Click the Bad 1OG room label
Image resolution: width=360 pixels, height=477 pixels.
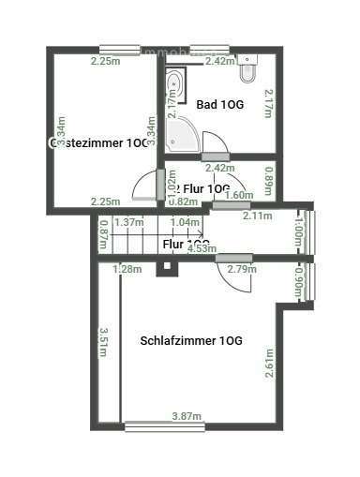[220, 105]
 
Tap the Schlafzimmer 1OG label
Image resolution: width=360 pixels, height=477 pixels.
[191, 340]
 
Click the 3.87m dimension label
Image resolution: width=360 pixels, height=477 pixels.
[188, 415]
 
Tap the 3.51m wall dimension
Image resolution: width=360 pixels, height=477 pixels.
[105, 343]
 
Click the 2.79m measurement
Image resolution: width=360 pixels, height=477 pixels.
[242, 270]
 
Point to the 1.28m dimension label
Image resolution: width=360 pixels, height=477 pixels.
[127, 270]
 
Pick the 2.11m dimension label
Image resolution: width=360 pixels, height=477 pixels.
[257, 216]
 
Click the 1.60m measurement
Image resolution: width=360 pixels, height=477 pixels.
[240, 195]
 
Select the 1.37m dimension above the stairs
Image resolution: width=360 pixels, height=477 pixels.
[127, 222]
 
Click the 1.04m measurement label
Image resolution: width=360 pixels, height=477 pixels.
[186, 222]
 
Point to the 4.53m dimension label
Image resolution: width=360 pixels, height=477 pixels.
[201, 248]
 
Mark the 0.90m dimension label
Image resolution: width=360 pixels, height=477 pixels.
[299, 281]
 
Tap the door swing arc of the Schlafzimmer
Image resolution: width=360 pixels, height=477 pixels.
[230, 274]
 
